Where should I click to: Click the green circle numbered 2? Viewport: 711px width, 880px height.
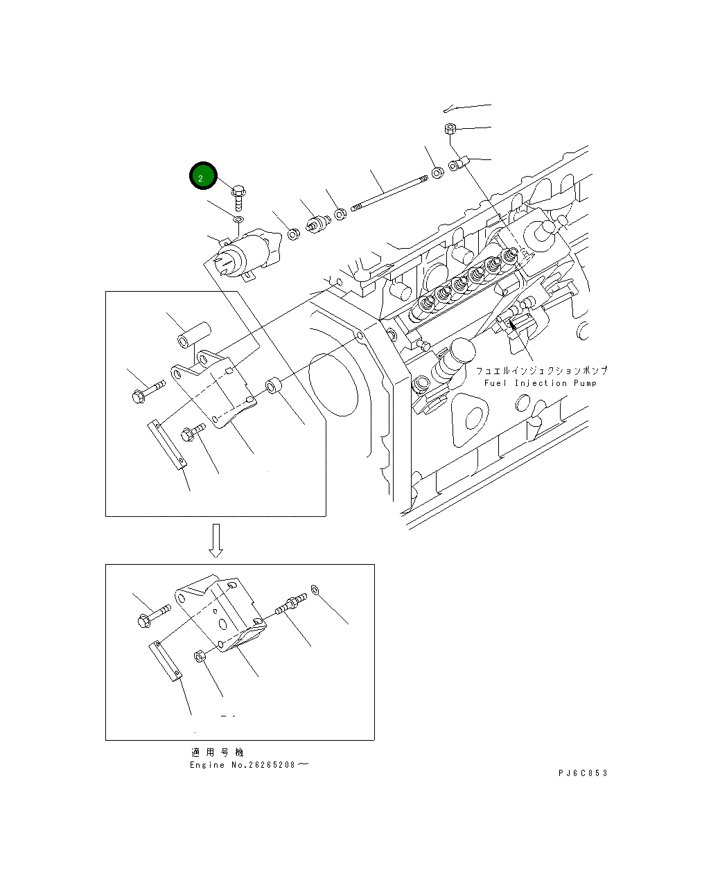203,177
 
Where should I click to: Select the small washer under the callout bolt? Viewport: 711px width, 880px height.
238,220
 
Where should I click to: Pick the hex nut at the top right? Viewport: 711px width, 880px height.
450,129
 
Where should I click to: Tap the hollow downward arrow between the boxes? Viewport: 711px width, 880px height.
216,540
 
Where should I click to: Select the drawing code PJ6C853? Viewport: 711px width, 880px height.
582,773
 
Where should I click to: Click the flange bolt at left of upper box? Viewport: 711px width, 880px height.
146,390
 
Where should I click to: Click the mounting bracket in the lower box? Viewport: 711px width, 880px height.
219,615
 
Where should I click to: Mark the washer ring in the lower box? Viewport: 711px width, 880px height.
315,590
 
